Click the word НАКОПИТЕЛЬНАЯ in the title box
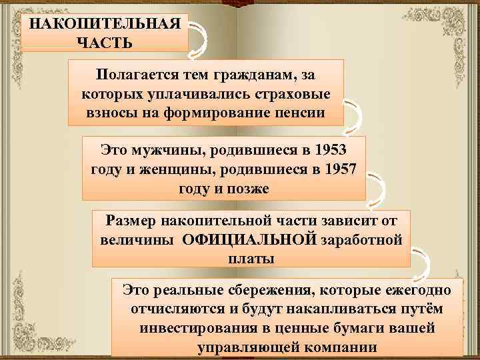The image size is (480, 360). [x=105, y=23]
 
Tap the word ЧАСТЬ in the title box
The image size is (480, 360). [x=105, y=42]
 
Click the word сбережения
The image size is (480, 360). [x=264, y=290]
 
